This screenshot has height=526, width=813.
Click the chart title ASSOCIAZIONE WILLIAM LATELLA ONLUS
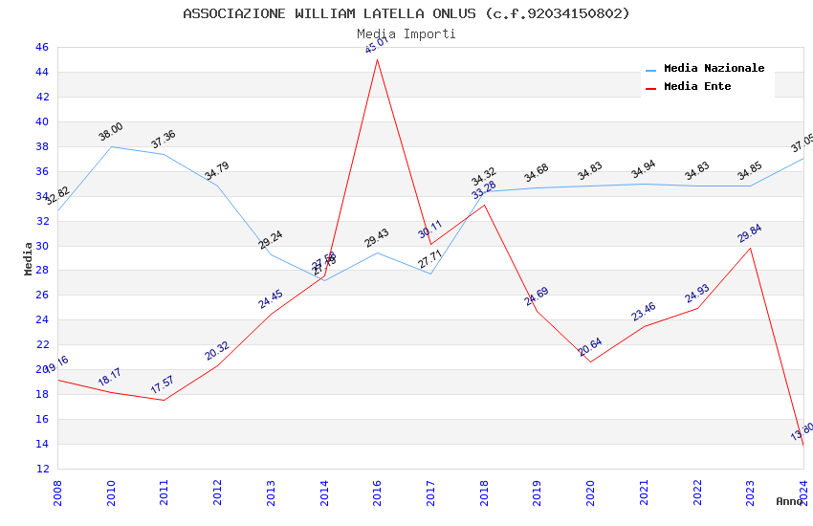point(406,13)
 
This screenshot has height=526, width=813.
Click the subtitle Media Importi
point(406,33)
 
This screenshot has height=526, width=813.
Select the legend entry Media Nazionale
point(714,69)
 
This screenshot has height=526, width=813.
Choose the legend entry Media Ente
point(697,87)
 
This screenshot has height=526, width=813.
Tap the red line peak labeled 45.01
point(378,59)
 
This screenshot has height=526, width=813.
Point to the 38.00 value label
point(111,132)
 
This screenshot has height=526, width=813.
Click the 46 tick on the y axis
point(42,47)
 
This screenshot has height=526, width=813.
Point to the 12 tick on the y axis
point(42,469)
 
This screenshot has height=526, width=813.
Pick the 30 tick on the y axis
point(42,246)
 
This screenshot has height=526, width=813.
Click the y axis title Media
point(29,258)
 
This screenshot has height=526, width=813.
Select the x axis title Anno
point(789,501)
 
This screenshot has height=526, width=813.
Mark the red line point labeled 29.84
point(750,249)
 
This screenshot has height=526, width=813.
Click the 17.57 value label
point(163,385)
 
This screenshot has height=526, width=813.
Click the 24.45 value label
point(271,299)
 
